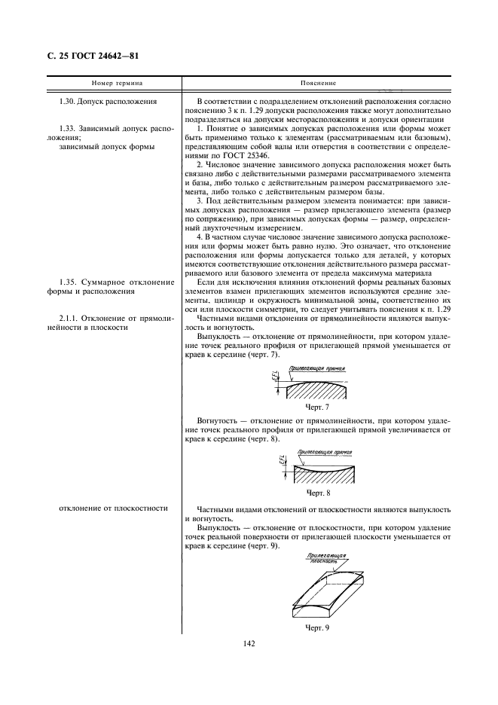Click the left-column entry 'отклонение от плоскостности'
click(x=113, y=508)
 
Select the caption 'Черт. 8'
click(x=317, y=492)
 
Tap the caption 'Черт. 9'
click(x=317, y=627)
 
